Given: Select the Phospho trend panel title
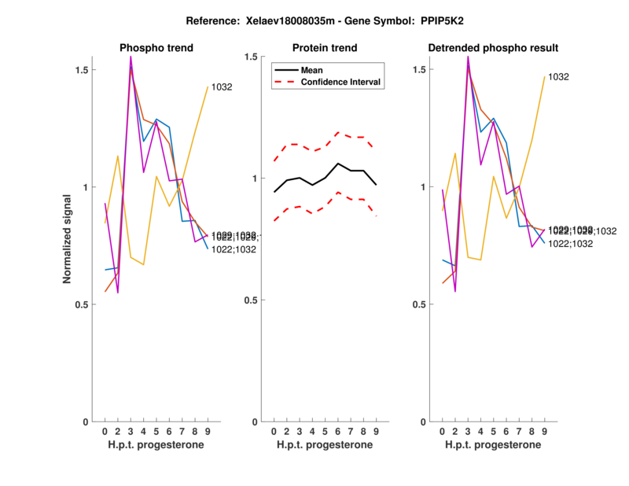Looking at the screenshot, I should click(156, 48).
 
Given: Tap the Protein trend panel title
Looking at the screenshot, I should click(324, 48).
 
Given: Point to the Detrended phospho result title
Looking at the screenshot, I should click(493, 48).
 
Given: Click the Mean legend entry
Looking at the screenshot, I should click(312, 70).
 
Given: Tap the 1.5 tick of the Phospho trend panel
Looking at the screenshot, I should click(79, 70).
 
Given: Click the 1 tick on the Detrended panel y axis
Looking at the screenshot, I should click(422, 187).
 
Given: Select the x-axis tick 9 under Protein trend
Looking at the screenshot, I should click(376, 431).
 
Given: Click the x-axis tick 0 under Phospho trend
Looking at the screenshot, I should click(105, 431).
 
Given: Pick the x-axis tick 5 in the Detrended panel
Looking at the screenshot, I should click(493, 431).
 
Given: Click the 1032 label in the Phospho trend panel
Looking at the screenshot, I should click(222, 87).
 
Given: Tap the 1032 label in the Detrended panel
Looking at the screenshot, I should click(558, 77).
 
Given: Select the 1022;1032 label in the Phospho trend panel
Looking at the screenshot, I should click(234, 249).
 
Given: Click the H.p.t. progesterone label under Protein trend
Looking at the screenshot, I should click(324, 445).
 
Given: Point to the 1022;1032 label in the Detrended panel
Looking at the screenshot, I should click(570, 244).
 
